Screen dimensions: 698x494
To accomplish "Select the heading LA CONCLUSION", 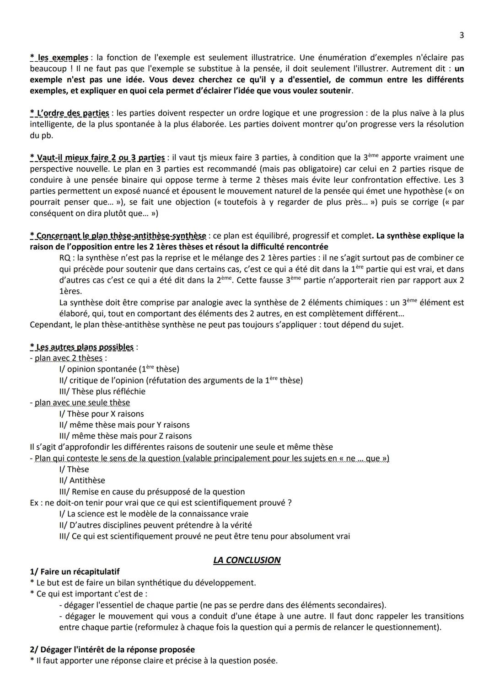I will [x=247, y=560].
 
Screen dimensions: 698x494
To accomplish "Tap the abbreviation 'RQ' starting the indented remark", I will [x=65, y=258].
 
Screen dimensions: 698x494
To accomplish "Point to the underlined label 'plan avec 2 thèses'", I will [x=68, y=358].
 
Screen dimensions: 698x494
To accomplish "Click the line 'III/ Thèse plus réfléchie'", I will [x=102, y=391].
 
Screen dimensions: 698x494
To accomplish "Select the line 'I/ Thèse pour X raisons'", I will [x=101, y=414].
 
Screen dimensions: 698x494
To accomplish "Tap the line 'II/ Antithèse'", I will [x=82, y=480].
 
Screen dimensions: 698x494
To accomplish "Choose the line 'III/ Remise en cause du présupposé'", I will [x=152, y=491].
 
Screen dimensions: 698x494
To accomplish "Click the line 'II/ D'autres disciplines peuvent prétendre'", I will [x=156, y=525].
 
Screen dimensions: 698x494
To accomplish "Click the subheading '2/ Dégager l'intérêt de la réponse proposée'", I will [x=112, y=650].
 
